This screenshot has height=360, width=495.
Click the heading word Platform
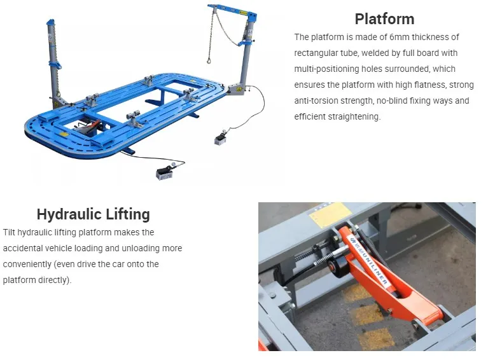point(384,19)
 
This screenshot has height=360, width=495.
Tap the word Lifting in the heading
point(128,214)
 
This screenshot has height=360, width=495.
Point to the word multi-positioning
point(326,69)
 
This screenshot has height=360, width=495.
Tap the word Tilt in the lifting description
point(9,233)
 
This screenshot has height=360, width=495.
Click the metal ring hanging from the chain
point(209,59)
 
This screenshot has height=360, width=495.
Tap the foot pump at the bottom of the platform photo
point(165,173)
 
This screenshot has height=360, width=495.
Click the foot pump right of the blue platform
point(220,139)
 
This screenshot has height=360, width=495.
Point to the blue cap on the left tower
point(50,22)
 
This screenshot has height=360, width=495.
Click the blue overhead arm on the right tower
point(232,10)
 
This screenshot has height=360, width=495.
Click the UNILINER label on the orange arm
point(369,261)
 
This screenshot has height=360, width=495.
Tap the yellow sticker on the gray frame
point(330,215)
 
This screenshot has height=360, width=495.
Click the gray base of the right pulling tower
point(236,89)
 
